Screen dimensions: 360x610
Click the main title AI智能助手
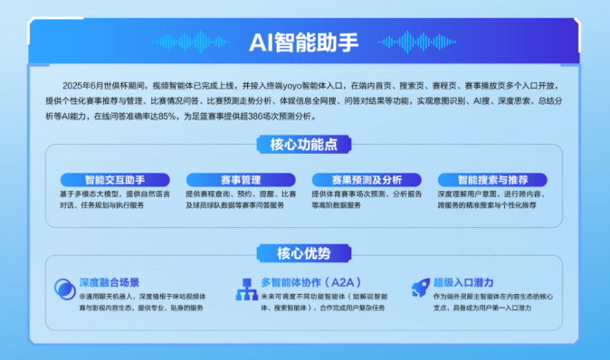point(304,41)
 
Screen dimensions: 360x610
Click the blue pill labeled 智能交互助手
point(114,179)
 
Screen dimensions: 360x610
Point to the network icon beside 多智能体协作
point(244,289)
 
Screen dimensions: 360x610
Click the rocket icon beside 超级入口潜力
point(420,289)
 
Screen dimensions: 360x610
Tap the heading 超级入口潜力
point(470,282)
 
